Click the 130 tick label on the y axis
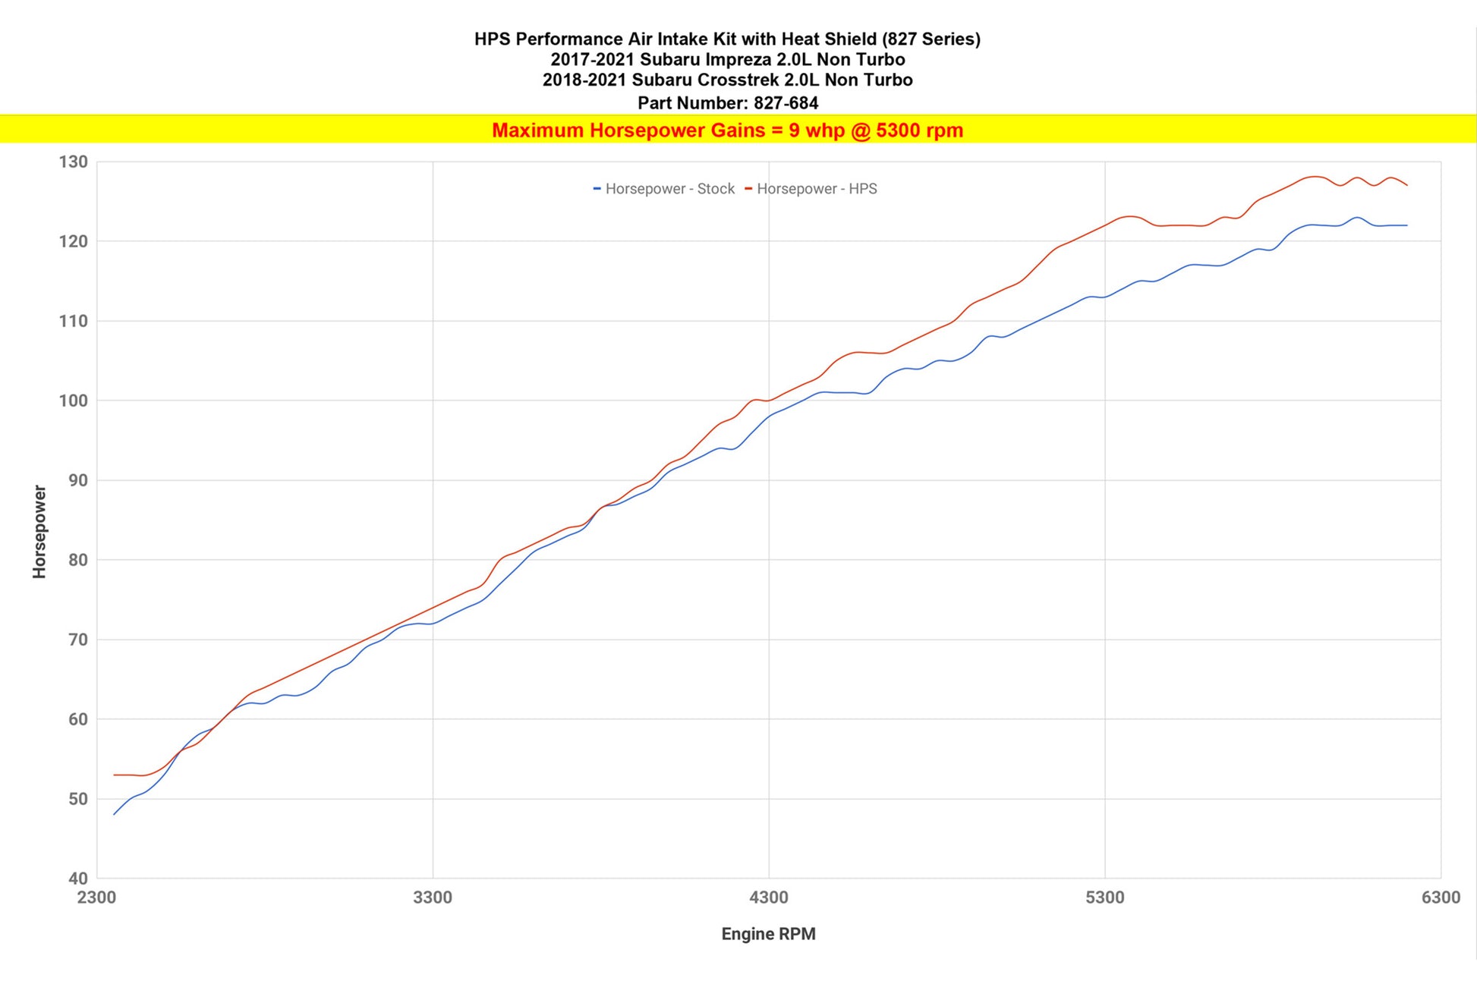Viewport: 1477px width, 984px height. coord(73,162)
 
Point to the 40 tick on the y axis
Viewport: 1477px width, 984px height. coord(78,879)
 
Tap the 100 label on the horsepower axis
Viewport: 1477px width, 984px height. coord(73,401)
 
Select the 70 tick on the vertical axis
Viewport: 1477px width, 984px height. coord(78,640)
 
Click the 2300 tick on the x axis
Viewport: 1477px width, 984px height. coord(96,898)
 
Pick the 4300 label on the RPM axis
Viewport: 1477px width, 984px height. coord(769,898)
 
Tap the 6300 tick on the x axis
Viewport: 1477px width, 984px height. coord(1440,898)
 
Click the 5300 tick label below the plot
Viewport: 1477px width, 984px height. coord(1104,898)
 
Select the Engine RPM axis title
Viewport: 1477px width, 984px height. coord(768,934)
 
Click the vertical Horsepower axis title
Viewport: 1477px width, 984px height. coord(39,532)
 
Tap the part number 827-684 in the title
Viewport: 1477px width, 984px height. coord(786,102)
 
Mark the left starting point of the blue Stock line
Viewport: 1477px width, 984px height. coord(114,814)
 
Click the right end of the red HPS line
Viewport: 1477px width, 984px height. coord(1406,185)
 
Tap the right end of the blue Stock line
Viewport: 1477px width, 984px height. coord(1406,225)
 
